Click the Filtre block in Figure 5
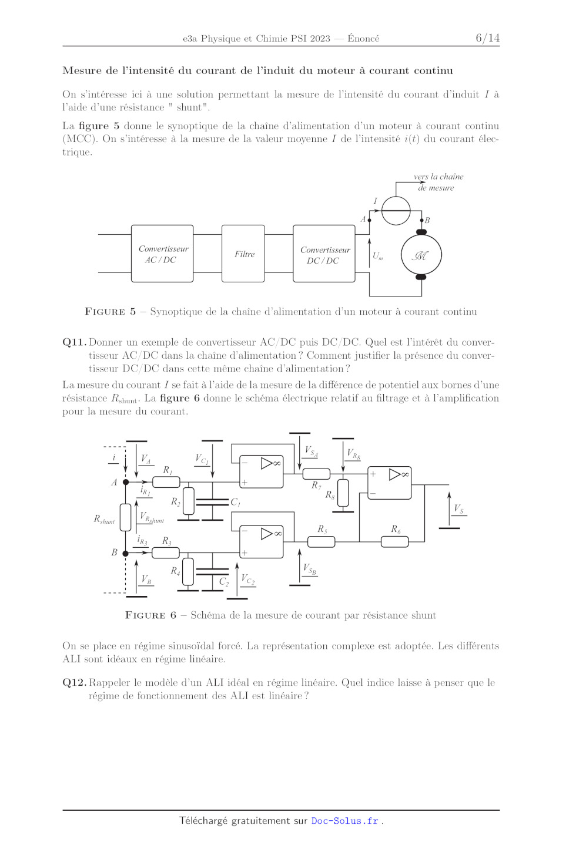tap(243, 254)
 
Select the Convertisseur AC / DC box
tap(162, 254)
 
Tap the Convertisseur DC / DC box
tap(324, 254)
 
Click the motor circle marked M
tap(421, 255)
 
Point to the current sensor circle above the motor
tap(396, 211)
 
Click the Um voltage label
tap(378, 256)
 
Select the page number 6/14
tap(487, 38)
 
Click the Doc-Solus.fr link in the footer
tap(344, 821)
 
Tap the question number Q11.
tap(75, 342)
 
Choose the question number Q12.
tap(75, 682)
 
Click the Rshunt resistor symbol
tap(126, 517)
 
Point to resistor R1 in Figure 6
tap(166, 482)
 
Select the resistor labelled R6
tap(394, 541)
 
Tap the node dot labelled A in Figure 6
tap(126, 482)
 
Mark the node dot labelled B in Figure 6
tap(126, 553)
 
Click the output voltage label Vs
tap(459, 509)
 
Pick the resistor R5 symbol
tap(321, 541)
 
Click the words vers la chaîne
tap(438, 176)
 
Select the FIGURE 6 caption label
tap(151, 615)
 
